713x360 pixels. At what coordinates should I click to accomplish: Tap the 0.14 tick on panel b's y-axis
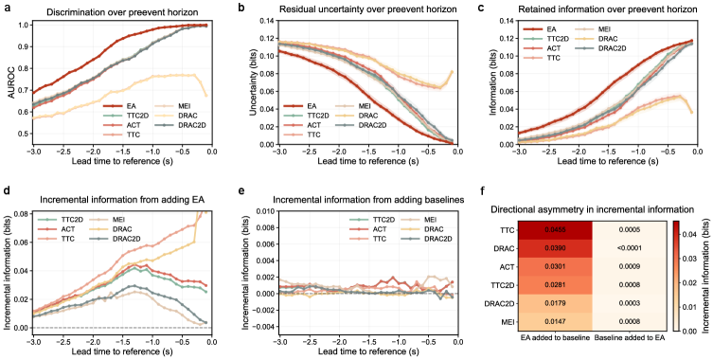266,21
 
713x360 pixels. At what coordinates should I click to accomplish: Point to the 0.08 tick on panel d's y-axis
23,213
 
